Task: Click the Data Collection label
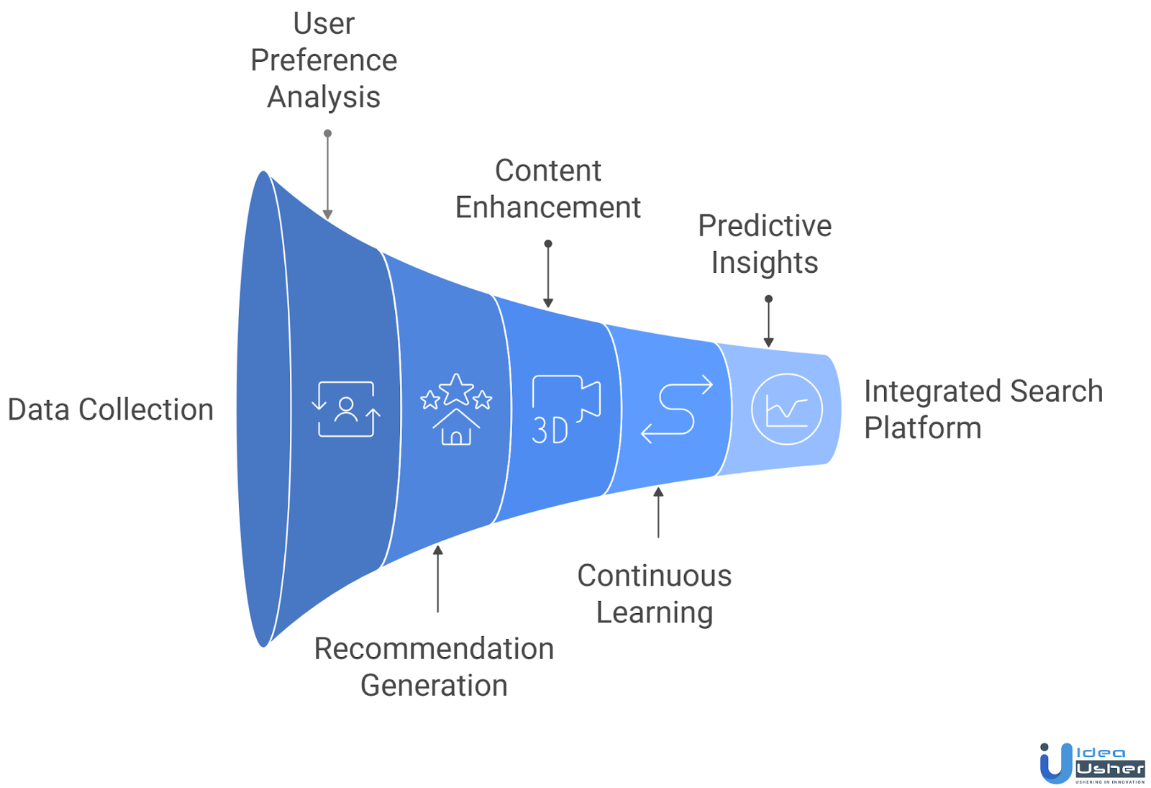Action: coord(110,409)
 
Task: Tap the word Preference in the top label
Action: coord(324,60)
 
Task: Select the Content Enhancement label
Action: coord(547,189)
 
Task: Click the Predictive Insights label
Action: coord(765,244)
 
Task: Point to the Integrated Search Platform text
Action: coord(982,409)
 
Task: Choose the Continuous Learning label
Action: coord(654,594)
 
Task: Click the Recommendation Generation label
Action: coord(434,666)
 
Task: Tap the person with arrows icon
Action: coord(346,409)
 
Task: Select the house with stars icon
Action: coord(456,409)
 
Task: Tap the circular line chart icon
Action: coord(786,409)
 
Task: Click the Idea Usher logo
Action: coord(1092,764)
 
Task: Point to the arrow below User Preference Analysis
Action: coord(327,176)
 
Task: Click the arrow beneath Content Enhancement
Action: coord(548,275)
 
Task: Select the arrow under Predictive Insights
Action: coord(768,322)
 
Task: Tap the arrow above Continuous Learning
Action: coord(658,512)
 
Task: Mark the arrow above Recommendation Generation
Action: coord(437,579)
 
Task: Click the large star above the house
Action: coord(456,389)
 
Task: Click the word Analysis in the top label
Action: coord(324,97)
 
